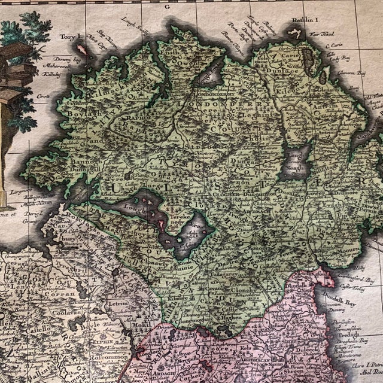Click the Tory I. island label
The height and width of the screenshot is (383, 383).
click(x=70, y=37)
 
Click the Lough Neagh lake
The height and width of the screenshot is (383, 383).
click(x=296, y=162)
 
